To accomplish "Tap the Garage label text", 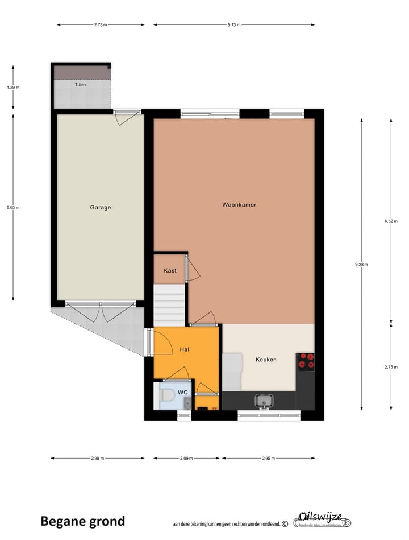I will click(100, 208).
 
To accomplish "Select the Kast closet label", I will click(170, 270).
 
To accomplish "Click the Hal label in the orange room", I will click(184, 349).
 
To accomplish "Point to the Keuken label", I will click(266, 359).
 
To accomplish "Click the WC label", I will click(183, 393).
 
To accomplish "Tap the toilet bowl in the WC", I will click(167, 395).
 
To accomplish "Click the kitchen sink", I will click(264, 402).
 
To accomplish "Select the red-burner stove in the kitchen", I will click(306, 361).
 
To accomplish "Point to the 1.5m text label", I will click(81, 85).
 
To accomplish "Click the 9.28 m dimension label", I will click(361, 264).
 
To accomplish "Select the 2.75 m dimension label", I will click(390, 367).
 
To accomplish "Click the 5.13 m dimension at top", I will click(233, 25).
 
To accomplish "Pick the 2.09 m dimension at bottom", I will click(186, 458).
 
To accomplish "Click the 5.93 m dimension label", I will click(13, 207).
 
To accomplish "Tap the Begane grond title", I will click(82, 521).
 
